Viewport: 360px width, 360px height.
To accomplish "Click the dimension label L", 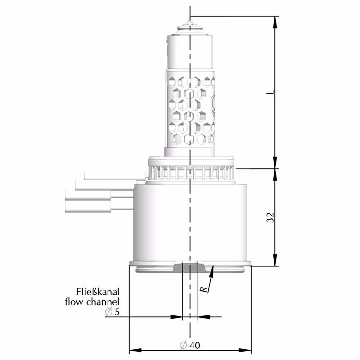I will pos(270,92).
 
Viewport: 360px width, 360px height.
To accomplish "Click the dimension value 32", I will pos(270,217).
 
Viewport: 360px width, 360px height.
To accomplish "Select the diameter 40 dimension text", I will pos(190,346).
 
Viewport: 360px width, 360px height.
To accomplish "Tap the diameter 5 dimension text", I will pos(112,312).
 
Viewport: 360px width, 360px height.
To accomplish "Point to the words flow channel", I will pos(92,301).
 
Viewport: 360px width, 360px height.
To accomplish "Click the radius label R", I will pos(204,288).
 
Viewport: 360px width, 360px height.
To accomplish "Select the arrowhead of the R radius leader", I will pos(212,269).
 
